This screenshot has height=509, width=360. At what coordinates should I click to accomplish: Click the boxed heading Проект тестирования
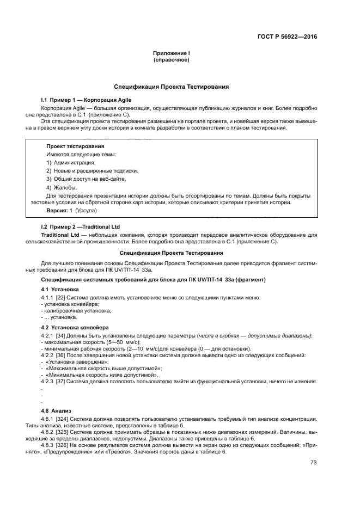click(75, 146)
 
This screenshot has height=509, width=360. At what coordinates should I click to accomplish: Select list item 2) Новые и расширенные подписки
click(92, 170)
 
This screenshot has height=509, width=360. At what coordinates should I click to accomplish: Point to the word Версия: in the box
click(57, 210)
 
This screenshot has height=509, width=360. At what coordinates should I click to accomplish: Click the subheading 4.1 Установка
click(60, 289)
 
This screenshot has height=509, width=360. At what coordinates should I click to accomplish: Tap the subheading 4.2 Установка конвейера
click(75, 327)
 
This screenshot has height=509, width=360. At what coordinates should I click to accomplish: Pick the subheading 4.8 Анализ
click(57, 410)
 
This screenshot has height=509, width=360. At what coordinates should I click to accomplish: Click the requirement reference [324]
click(62, 419)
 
